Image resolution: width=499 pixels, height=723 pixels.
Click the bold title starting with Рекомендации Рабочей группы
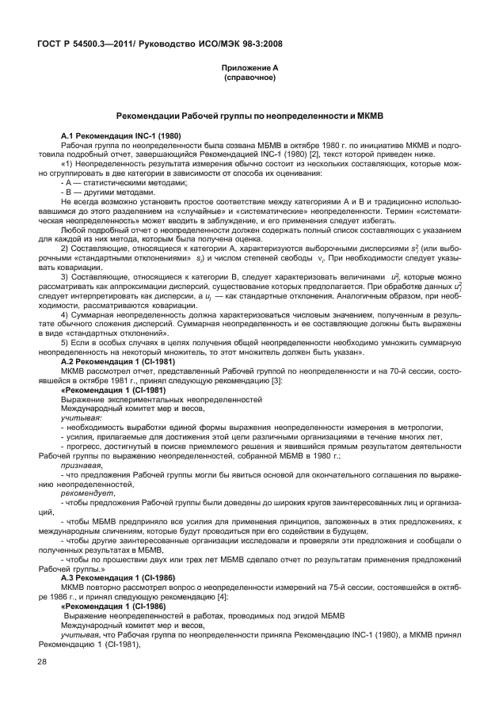pyautogui.click(x=249, y=116)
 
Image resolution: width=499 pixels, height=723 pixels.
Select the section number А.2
pyautogui.click(x=69, y=360)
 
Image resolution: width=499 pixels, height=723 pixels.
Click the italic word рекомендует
pyautogui.click(x=84, y=493)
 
